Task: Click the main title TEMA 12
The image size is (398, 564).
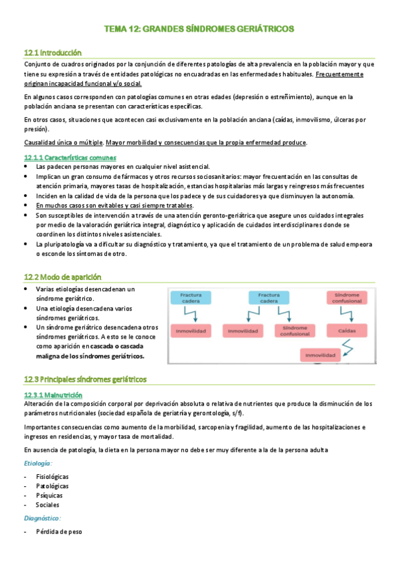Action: tap(199, 29)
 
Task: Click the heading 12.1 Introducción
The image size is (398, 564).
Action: tap(52, 52)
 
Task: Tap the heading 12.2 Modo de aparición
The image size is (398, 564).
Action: tap(62, 277)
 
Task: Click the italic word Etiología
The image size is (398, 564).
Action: tap(39, 463)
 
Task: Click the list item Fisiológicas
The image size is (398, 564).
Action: tap(52, 477)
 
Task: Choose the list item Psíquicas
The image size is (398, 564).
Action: tap(49, 495)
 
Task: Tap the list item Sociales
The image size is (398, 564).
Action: tap(48, 505)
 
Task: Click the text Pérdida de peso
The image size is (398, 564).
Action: tap(58, 532)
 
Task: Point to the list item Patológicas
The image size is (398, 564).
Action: tap(52, 486)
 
